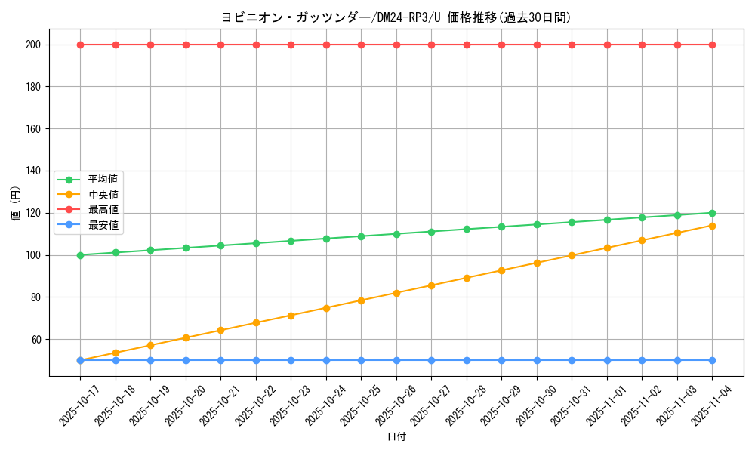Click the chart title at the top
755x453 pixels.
coord(396,17)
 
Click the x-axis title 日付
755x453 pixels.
coord(396,437)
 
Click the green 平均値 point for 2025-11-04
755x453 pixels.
coord(712,213)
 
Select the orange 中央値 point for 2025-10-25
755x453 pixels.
coord(361,300)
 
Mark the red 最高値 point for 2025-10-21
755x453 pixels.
coord(220,45)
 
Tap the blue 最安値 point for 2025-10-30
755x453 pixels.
coord(537,360)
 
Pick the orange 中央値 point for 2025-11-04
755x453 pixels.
coord(712,226)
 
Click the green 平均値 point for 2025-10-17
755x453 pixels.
coord(80,255)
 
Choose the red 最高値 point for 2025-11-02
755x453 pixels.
coord(642,45)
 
